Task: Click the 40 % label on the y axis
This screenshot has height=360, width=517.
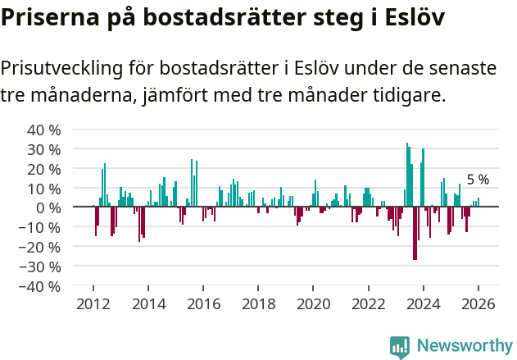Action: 43,130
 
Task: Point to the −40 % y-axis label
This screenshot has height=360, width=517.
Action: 41,287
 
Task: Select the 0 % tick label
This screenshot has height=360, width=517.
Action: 48,208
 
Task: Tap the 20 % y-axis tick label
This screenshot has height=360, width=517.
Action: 43,169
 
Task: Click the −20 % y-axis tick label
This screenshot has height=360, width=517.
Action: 41,248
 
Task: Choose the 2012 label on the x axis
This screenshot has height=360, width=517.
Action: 93,304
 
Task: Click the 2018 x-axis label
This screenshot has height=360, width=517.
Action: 258,304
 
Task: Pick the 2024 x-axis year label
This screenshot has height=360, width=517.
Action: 424,304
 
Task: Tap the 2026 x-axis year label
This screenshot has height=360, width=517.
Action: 478,304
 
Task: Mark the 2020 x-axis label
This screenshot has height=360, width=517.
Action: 313,304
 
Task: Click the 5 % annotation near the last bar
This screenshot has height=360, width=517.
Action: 478,180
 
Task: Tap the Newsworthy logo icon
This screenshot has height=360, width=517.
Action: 400,346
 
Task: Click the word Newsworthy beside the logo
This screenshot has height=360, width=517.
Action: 464,346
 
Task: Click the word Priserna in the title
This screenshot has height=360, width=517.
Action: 49,19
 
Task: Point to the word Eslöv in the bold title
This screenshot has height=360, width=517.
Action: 410,19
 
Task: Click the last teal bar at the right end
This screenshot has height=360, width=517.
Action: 479,203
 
